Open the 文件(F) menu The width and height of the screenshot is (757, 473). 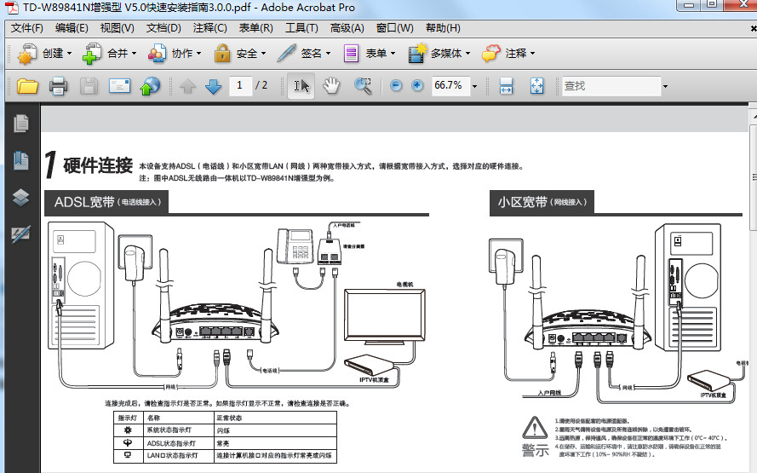click(x=27, y=28)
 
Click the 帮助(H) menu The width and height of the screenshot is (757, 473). click(x=443, y=28)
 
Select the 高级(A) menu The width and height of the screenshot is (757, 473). click(x=347, y=28)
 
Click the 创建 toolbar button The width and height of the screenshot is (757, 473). click(x=43, y=54)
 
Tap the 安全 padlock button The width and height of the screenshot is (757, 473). click(x=238, y=54)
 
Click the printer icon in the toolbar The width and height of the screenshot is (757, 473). click(x=58, y=85)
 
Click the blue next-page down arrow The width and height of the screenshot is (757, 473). click(x=213, y=85)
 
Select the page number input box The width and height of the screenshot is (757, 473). click(x=241, y=85)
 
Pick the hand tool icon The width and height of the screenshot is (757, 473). click(x=331, y=85)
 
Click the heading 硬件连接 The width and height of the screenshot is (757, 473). click(x=98, y=164)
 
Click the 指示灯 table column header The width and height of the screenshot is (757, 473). click(x=128, y=418)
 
